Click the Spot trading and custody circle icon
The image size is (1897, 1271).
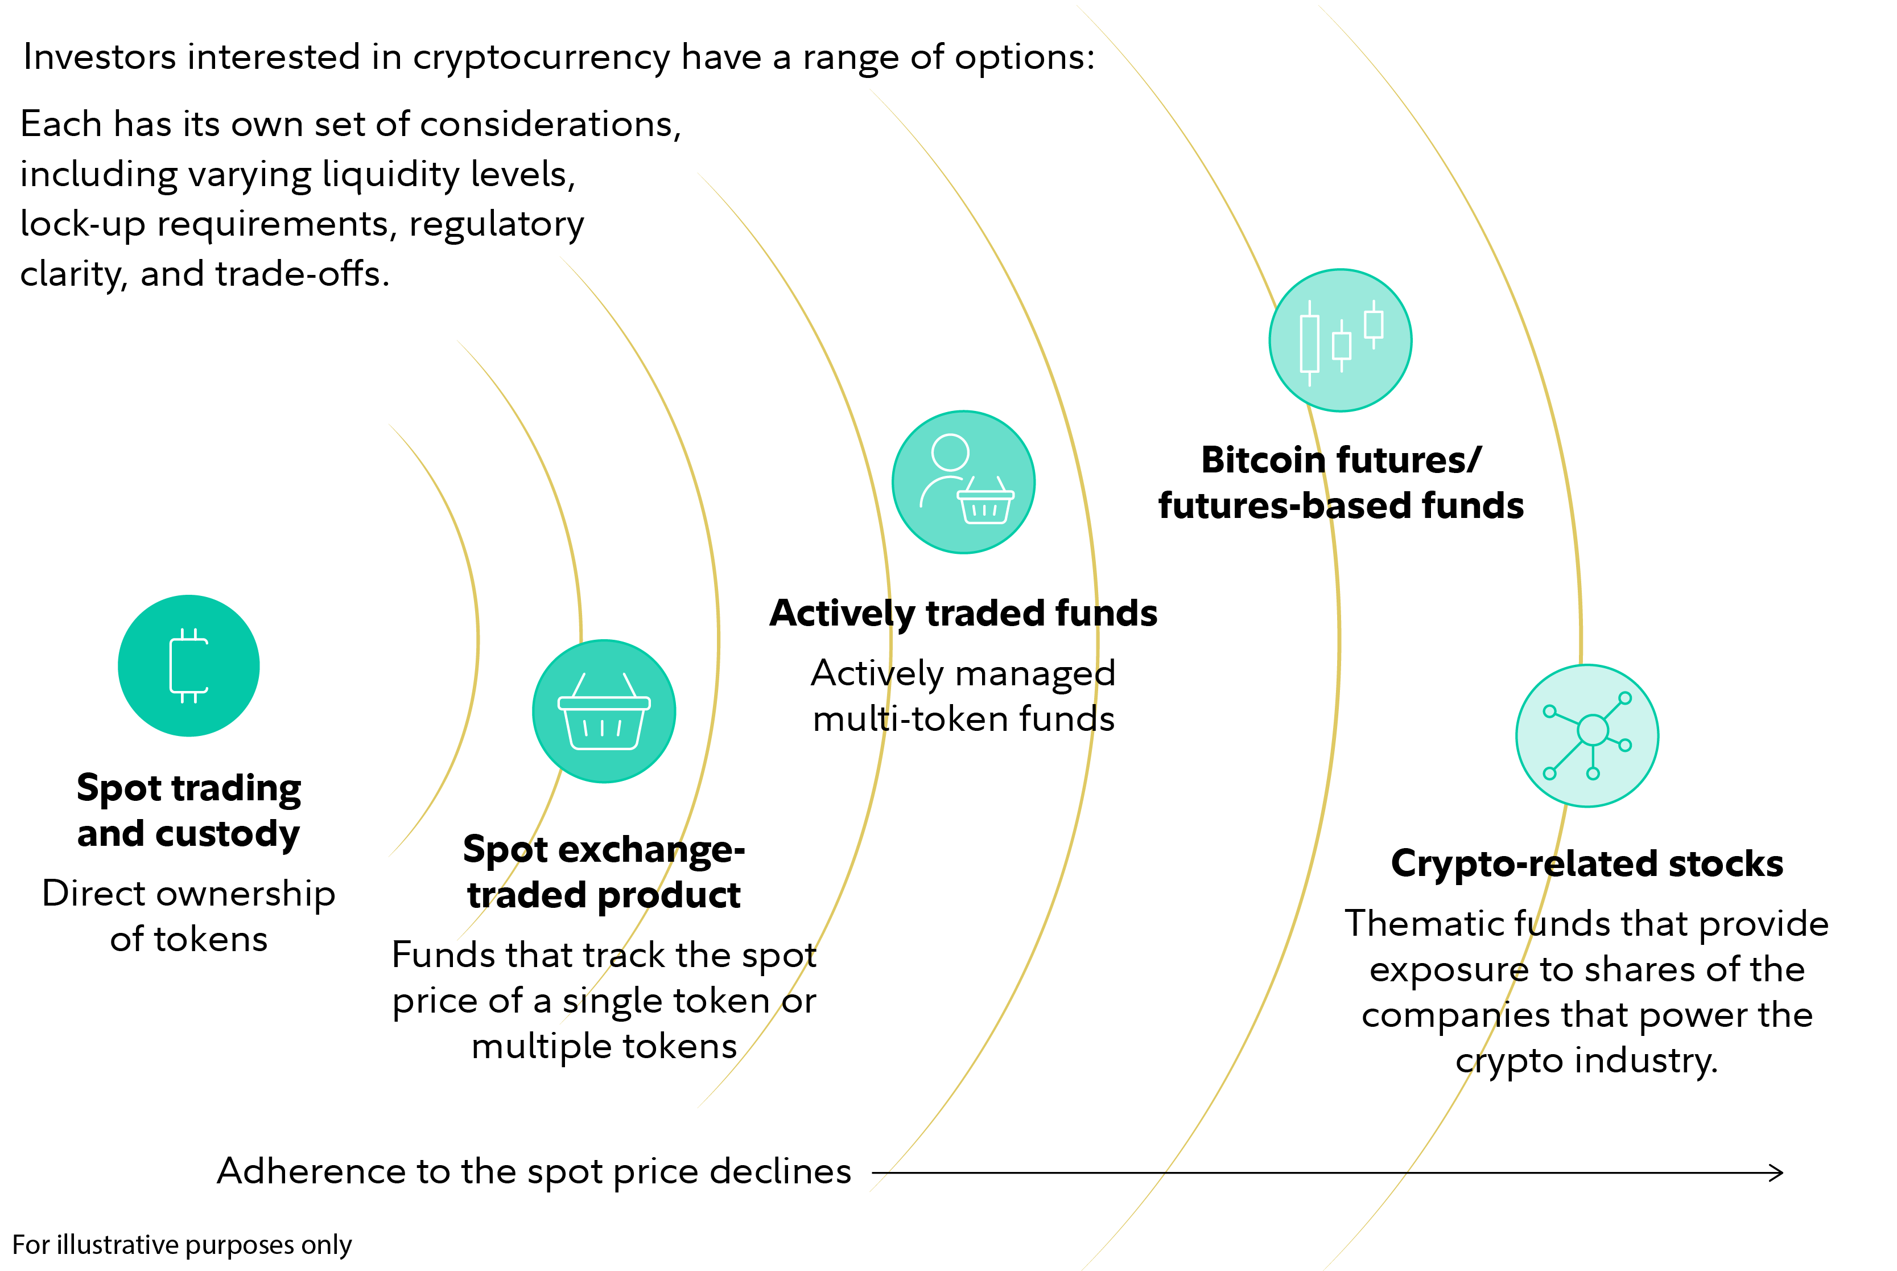pos(189,665)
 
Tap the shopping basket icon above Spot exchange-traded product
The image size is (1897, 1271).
pos(604,711)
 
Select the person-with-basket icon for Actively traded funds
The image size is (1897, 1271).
pos(963,482)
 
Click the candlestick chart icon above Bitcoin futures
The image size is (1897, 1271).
pos(1341,340)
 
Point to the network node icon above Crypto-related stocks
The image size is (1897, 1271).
pos(1587,736)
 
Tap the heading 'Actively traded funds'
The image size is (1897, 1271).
pos(963,613)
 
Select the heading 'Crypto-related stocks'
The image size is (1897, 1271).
pos(1587,863)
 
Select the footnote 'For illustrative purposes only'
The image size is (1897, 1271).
pos(182,1244)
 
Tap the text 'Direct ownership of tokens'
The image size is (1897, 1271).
pos(189,916)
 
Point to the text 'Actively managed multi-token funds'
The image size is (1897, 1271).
pos(963,696)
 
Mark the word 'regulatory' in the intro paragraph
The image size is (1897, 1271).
pos(496,224)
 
